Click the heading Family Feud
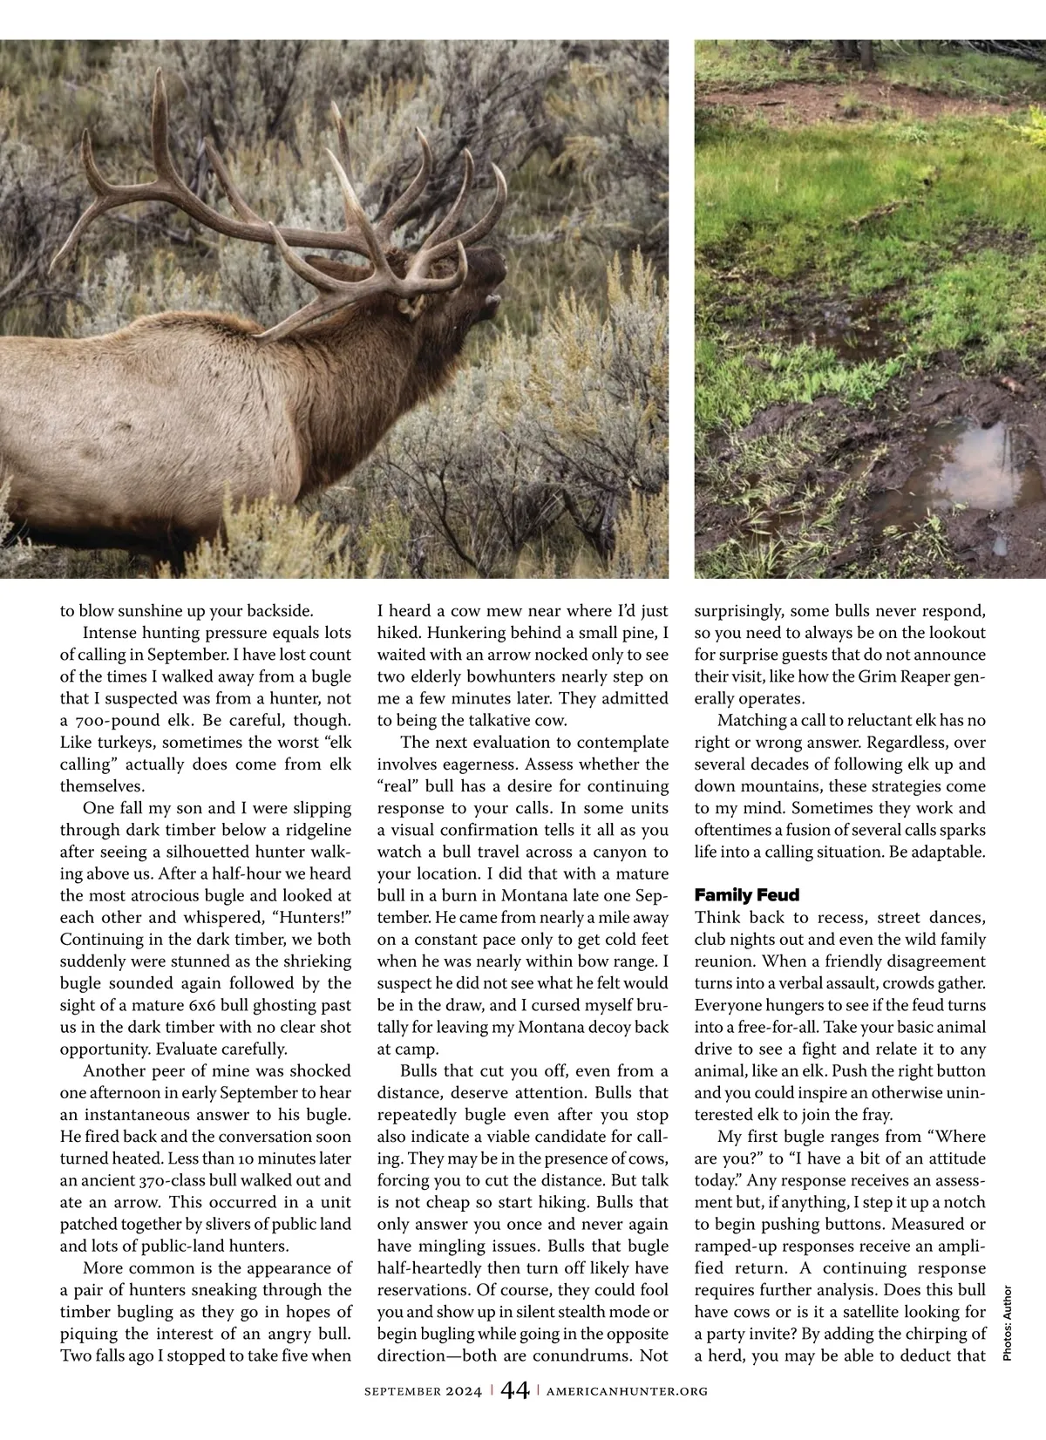click(x=747, y=895)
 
